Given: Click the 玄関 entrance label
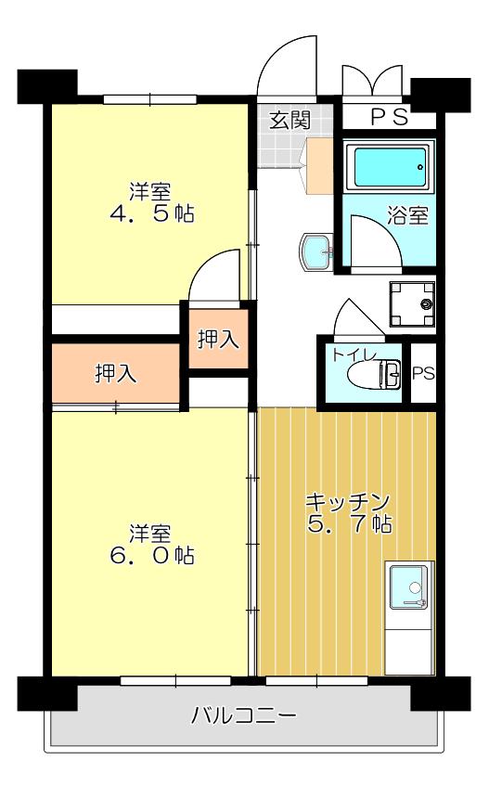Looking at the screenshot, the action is (290, 120).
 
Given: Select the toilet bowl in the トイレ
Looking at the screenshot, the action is (374, 374).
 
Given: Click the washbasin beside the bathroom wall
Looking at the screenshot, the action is (316, 253).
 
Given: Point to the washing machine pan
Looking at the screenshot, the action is (412, 303).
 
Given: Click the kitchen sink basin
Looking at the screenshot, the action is (410, 587).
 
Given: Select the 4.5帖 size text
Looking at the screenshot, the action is (152, 214).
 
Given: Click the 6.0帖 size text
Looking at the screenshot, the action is (152, 556).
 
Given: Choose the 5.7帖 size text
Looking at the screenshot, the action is (349, 523).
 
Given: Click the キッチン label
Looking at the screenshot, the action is (348, 500).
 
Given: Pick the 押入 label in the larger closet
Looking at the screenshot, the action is (116, 373).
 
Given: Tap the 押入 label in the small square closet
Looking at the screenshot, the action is (218, 340).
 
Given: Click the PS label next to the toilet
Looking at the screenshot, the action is (424, 373).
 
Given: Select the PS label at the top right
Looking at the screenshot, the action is (390, 117).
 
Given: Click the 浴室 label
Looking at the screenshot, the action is (408, 215).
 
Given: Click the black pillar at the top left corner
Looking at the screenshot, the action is (47, 86).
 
